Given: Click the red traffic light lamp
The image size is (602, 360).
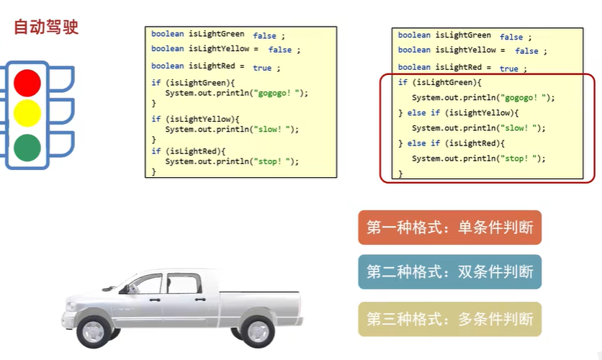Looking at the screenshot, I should pos(27,82).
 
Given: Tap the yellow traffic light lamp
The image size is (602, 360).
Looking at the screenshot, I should pos(27,114).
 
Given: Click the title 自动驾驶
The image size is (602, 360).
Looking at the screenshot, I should pos(46,27).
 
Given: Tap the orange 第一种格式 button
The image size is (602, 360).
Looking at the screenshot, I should pos(449,228).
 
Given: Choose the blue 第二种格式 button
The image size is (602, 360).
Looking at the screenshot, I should pos(449,272).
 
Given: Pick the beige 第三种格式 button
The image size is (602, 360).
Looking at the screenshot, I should pos(449,320).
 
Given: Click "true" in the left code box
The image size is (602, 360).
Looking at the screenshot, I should pos(262,68).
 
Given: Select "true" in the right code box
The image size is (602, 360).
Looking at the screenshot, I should pos(508,69).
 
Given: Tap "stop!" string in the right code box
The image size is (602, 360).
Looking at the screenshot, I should pos(522,158).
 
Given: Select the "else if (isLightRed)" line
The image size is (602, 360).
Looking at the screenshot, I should pos(454,143).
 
